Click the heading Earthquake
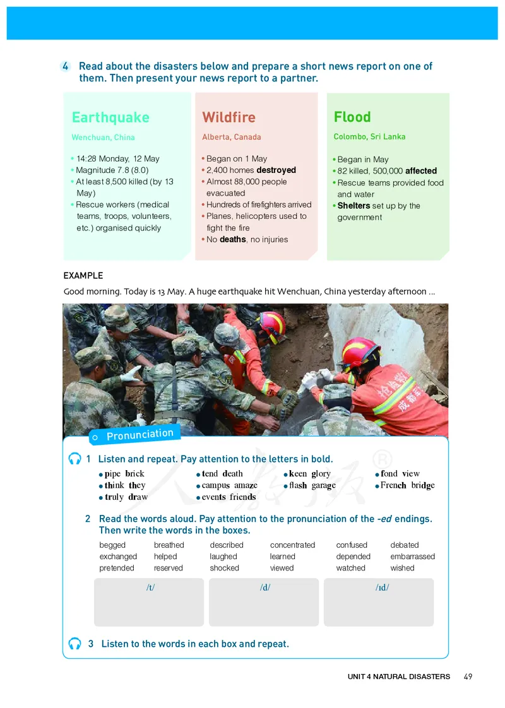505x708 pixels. click(x=110, y=118)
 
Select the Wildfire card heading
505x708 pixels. click(x=229, y=117)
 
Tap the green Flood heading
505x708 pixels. click(x=352, y=117)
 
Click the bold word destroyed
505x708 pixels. click(x=276, y=170)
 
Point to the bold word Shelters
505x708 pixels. click(x=353, y=206)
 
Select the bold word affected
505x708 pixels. click(x=420, y=171)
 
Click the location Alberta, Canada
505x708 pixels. click(x=231, y=137)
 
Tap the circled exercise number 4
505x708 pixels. click(x=66, y=67)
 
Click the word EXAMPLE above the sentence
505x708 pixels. click(x=83, y=276)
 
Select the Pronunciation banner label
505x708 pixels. click(x=140, y=435)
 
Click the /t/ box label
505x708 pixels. click(x=150, y=587)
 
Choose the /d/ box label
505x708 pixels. click(x=265, y=587)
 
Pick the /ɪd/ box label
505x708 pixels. click(x=382, y=587)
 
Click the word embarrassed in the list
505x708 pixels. click(x=412, y=557)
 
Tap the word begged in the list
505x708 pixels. click(x=112, y=545)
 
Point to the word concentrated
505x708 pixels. click(x=292, y=545)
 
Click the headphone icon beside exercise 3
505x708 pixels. click(x=75, y=644)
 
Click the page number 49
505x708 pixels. click(x=468, y=676)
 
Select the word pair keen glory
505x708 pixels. click(x=309, y=474)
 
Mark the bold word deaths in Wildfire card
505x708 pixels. click(x=232, y=240)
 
